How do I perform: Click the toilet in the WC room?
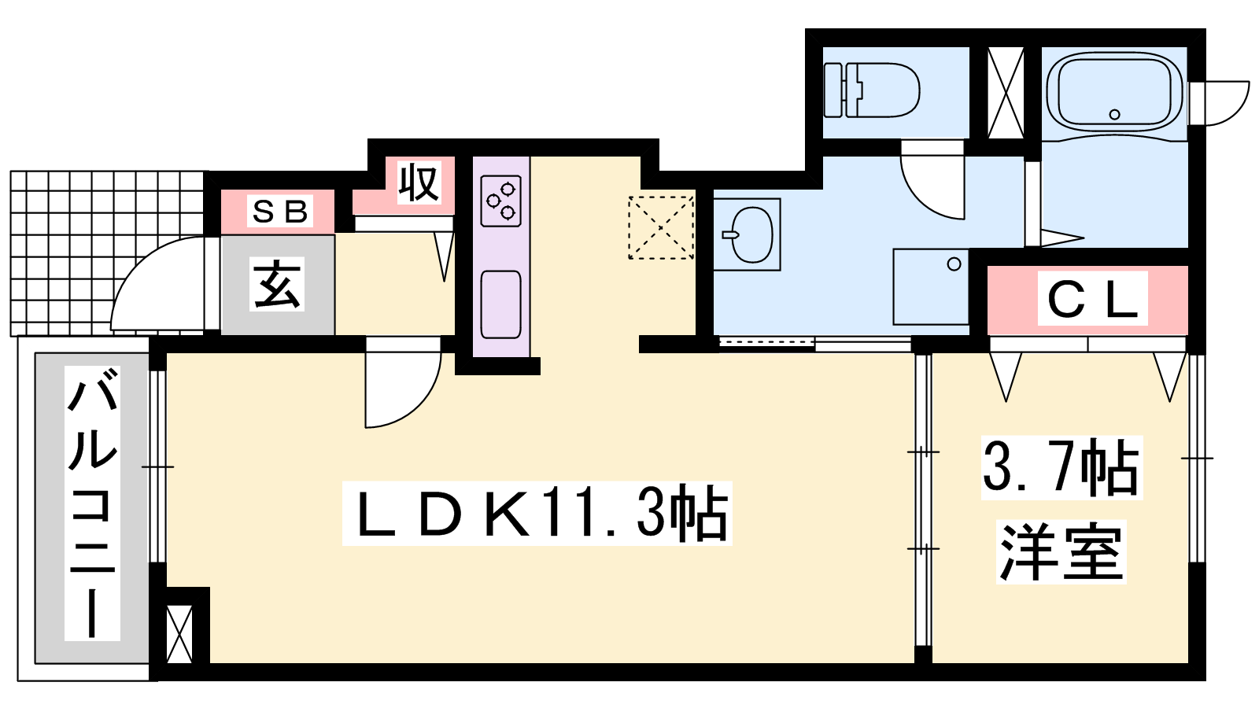pos(871,90)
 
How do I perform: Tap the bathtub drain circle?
pos(1114,115)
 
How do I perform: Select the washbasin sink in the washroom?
pos(752,234)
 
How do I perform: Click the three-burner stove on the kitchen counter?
pos(500,201)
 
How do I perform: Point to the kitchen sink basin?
pos(500,304)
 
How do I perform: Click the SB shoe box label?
pos(280,212)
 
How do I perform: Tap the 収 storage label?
pos(418,182)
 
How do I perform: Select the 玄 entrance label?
pos(277,284)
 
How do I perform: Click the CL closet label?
pos(1093,298)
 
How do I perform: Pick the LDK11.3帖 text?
pos(537,513)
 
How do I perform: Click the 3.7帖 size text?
pos(1061,468)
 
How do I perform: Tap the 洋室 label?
pos(1061,551)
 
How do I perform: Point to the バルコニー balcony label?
pos(92,503)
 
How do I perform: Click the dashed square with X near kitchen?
pos(661,227)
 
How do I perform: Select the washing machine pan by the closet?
pos(931,287)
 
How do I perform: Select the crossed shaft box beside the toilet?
pos(1006,94)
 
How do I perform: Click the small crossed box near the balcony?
pos(180,634)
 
